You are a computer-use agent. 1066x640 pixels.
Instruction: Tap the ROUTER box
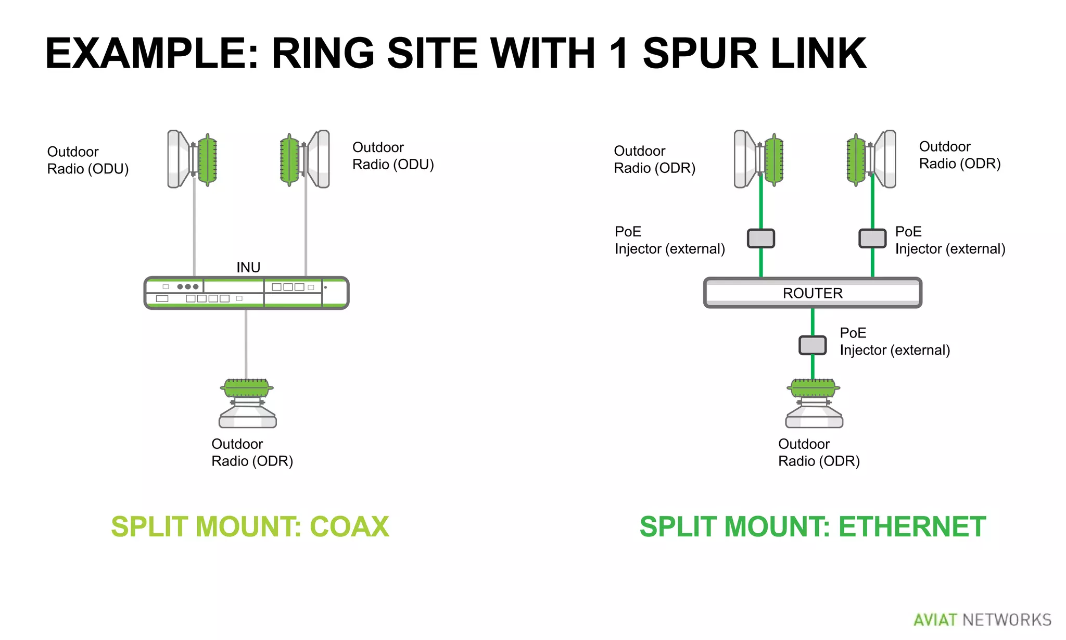(x=812, y=293)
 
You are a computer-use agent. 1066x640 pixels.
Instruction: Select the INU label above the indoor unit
(x=248, y=267)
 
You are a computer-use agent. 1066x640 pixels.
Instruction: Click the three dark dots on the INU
(x=187, y=287)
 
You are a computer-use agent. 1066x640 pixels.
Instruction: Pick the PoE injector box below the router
(x=813, y=345)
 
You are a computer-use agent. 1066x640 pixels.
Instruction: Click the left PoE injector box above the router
(x=760, y=239)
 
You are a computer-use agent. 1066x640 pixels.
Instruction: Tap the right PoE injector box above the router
(x=872, y=239)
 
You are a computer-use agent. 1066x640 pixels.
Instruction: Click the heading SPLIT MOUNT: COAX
(x=250, y=526)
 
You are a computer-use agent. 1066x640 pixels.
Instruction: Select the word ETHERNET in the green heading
(x=912, y=526)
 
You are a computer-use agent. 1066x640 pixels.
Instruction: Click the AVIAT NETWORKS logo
(x=982, y=620)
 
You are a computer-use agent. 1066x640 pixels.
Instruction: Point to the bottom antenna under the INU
(x=247, y=404)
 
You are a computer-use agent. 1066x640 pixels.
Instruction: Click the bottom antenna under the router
(x=814, y=404)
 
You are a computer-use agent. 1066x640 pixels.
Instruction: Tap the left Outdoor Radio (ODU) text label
(x=87, y=160)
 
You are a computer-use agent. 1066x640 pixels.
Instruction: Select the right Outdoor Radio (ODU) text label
(x=393, y=156)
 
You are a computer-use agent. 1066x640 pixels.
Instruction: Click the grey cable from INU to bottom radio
(x=246, y=344)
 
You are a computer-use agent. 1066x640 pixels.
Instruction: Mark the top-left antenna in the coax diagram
(x=192, y=159)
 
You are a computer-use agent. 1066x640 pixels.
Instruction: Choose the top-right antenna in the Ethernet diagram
(x=871, y=159)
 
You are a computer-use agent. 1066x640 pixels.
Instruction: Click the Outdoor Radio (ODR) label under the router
(x=818, y=453)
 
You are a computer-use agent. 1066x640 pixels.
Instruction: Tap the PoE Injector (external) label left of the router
(x=669, y=240)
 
